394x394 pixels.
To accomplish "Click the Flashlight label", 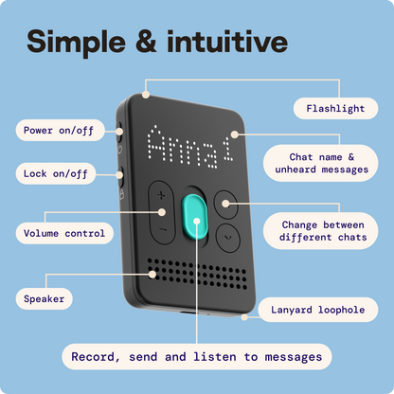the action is [x=335, y=108].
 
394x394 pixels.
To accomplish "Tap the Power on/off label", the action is [x=60, y=130].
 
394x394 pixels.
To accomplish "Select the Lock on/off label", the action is [x=56, y=173].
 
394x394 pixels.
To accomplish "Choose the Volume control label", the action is [x=64, y=233].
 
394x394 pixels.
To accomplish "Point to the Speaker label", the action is [x=45, y=298].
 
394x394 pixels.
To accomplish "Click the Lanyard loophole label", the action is [x=318, y=310].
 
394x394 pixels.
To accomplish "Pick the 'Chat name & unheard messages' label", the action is [x=320, y=163].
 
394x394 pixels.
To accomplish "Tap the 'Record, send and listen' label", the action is [x=197, y=357].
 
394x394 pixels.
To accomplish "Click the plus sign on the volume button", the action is [x=161, y=196].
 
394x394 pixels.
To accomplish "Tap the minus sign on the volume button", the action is [x=163, y=229].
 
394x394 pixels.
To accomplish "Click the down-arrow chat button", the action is [x=228, y=238].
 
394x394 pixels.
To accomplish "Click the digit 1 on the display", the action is [x=228, y=149].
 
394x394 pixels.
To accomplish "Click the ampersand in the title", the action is [x=146, y=42].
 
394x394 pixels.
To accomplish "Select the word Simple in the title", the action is [x=77, y=44].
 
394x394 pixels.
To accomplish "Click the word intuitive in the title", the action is [x=227, y=42].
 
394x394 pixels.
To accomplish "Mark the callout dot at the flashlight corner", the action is [x=146, y=95].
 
